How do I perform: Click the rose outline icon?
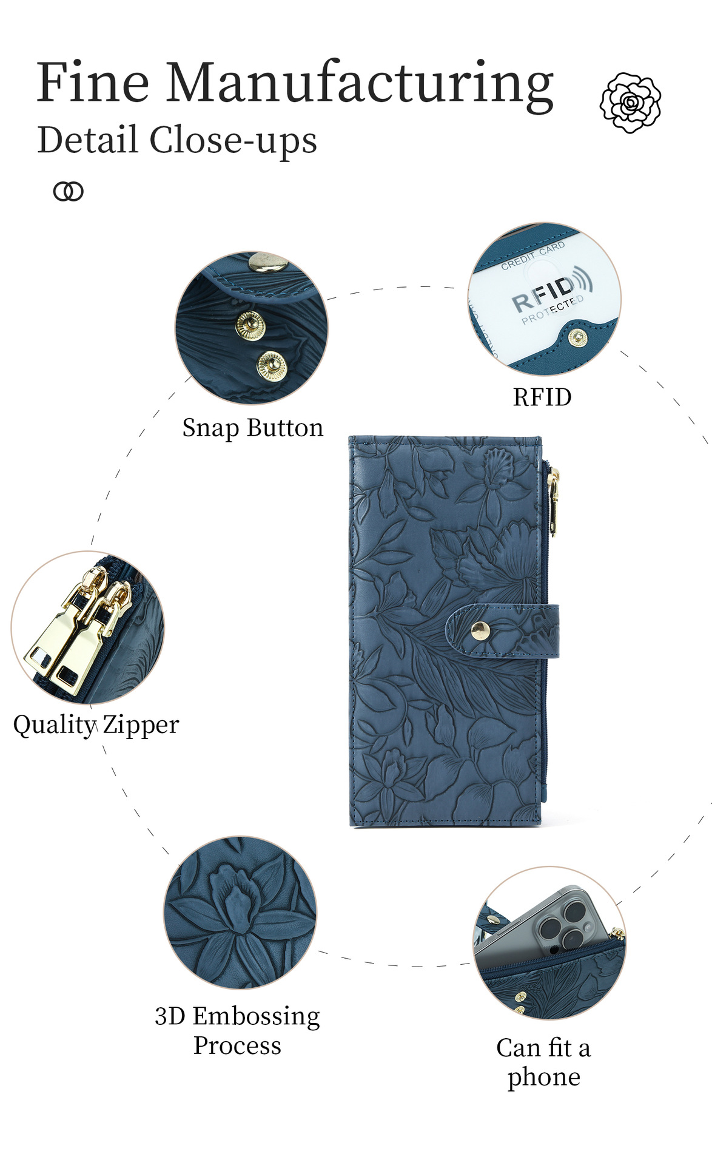click(631, 102)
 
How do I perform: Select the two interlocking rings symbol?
click(69, 192)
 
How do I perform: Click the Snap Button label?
click(253, 428)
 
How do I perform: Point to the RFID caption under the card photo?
click(542, 397)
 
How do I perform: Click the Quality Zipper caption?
click(96, 724)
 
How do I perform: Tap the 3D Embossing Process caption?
click(237, 1031)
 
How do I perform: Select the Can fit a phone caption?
click(543, 1062)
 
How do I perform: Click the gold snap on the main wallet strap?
click(480, 630)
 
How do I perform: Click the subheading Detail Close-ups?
click(177, 140)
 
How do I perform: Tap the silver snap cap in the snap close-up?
click(267, 263)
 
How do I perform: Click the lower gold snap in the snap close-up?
click(271, 366)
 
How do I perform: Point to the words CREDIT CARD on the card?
click(533, 255)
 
